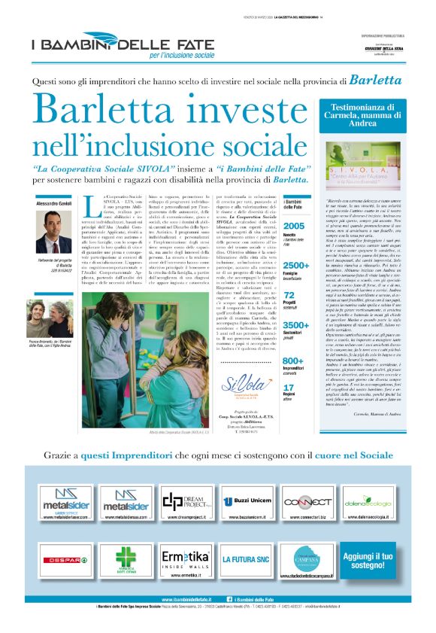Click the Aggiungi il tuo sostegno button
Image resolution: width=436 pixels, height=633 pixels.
pyautogui.click(x=365, y=559)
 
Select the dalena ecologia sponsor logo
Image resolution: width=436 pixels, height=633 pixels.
pyautogui.click(x=365, y=502)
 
